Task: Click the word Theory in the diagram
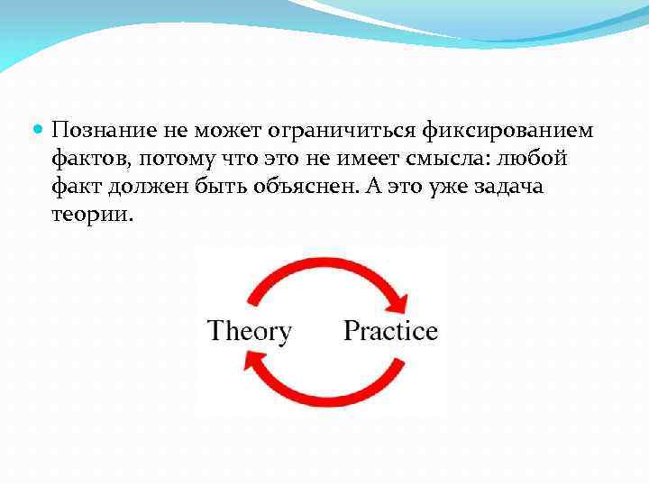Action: (250, 331)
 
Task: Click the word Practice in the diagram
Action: (390, 331)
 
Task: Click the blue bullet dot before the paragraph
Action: (37, 132)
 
